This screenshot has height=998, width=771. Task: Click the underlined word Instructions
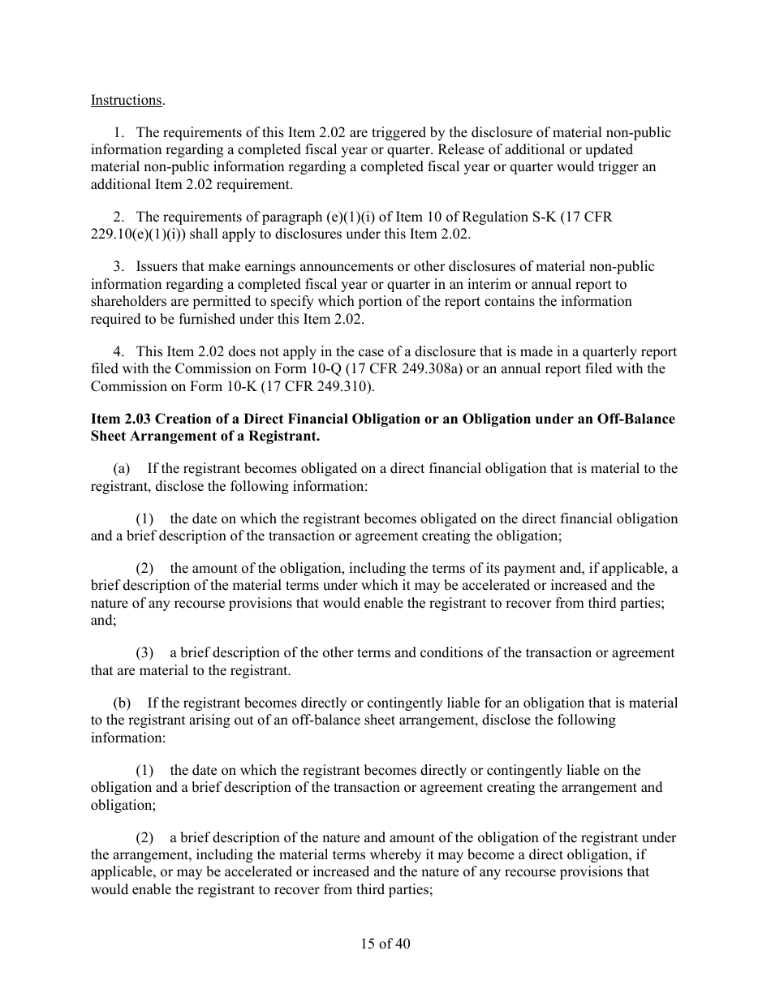click(x=126, y=101)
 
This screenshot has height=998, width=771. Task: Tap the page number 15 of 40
click(x=385, y=944)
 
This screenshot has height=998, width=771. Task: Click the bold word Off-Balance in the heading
click(x=638, y=419)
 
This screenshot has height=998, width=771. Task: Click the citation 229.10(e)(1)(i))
click(x=137, y=234)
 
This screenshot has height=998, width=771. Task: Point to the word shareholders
click(x=127, y=302)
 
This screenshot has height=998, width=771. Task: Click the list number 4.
click(x=118, y=352)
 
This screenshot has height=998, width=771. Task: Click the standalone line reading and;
click(x=103, y=620)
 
